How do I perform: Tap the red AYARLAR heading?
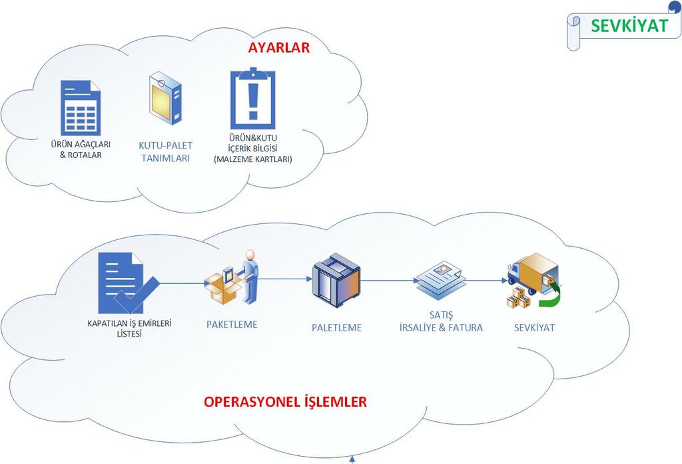[279, 48]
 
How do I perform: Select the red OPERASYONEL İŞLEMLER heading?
[285, 402]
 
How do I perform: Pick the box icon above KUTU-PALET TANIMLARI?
[165, 99]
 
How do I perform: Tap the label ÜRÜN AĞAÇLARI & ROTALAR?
[80, 150]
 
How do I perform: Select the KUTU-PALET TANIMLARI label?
[165, 151]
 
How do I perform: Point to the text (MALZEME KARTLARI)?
[252, 159]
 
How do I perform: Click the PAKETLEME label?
[231, 325]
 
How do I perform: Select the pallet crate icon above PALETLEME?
[336, 281]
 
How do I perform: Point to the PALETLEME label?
[337, 327]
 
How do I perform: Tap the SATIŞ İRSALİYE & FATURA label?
[441, 321]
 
